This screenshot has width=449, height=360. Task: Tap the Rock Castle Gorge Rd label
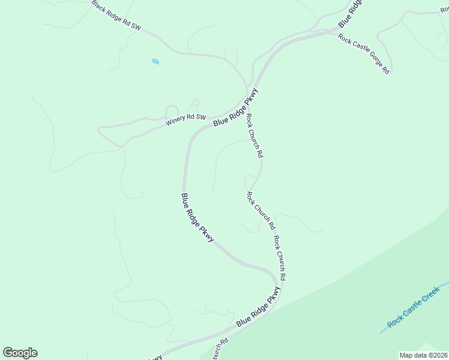(x=364, y=54)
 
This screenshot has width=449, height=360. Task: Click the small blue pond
(x=155, y=61)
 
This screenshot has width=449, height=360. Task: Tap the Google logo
(x=20, y=353)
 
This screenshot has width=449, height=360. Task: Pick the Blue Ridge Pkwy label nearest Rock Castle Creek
(x=258, y=307)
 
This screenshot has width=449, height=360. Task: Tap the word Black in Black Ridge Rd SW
(x=99, y=7)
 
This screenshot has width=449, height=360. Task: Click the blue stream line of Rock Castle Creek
(x=384, y=331)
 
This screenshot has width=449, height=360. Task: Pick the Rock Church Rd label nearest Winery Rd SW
(x=255, y=136)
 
